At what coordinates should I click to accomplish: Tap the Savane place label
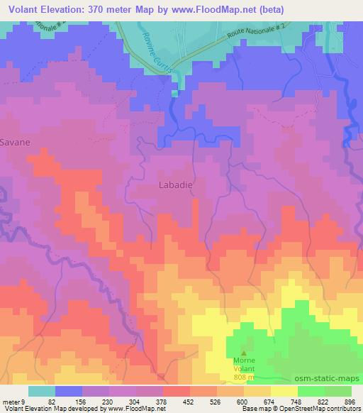click(x=15, y=142)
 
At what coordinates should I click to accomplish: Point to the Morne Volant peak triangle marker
click(x=245, y=351)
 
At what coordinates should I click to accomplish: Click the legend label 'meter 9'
click(x=14, y=401)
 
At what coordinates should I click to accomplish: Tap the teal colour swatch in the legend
click(x=42, y=391)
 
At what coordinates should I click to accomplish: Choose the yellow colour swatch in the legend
click(x=284, y=391)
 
